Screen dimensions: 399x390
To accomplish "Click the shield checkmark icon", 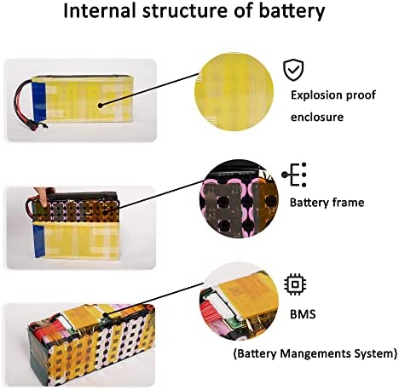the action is click(x=293, y=70).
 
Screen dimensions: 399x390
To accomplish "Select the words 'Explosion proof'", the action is click(x=333, y=95).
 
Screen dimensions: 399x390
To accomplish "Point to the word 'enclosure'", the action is click(x=317, y=117).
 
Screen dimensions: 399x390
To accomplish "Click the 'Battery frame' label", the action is click(x=327, y=203).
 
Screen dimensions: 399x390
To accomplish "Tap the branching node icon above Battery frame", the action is click(x=294, y=175).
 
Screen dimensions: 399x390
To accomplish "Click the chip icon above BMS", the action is click(x=295, y=284).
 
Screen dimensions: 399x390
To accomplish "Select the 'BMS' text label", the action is click(x=303, y=314).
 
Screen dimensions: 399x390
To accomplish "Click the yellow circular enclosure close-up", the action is click(x=234, y=92).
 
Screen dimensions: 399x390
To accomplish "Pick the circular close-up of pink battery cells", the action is click(x=240, y=198).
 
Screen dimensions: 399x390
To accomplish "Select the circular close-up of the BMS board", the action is click(x=239, y=301).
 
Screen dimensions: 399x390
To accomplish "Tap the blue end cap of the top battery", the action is click(x=39, y=102).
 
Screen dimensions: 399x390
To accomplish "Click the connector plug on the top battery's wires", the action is click(x=36, y=125).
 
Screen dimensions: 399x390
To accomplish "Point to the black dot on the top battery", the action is click(x=100, y=106).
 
